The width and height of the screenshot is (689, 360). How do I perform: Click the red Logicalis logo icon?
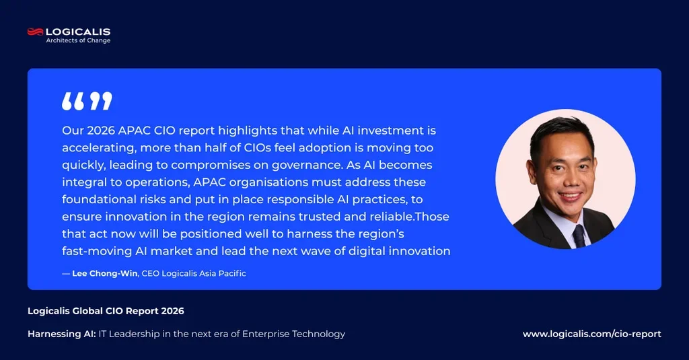point(35,32)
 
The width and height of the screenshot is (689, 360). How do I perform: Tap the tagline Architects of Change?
point(78,40)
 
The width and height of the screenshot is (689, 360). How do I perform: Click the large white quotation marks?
point(87,101)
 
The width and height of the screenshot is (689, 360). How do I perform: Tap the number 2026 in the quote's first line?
point(101,131)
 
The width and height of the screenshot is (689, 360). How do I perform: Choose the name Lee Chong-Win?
point(104,273)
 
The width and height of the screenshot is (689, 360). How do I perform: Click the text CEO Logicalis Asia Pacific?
point(194,273)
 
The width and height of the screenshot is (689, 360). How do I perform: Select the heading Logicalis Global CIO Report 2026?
point(106,311)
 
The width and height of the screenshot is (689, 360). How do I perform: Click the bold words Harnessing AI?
point(61,334)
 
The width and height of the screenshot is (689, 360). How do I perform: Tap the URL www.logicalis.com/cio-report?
point(592,334)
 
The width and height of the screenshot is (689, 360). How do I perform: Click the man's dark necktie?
point(579,236)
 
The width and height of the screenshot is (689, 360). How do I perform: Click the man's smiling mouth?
point(571,196)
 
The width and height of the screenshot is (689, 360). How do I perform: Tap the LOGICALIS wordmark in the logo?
point(78,32)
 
